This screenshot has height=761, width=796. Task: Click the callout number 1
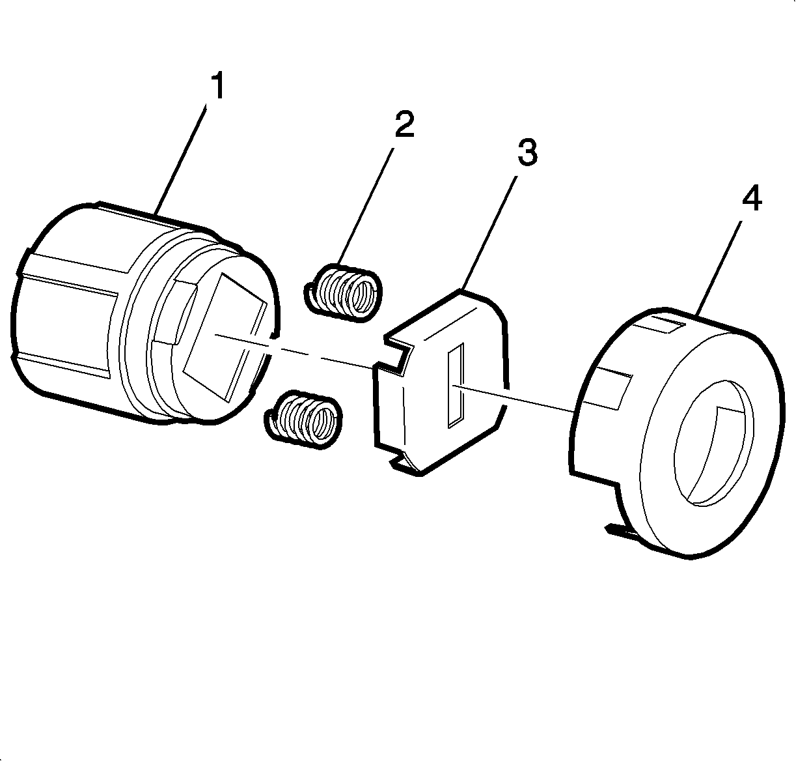coord(219,85)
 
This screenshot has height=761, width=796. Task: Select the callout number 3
coord(527,152)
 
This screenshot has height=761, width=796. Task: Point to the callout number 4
coord(752,198)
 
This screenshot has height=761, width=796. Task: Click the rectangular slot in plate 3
coord(456,385)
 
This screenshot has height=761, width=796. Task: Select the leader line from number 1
coord(180,159)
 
